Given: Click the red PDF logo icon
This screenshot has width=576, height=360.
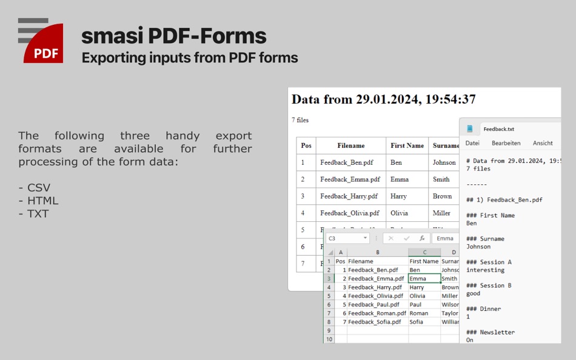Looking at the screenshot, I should click(x=44, y=44).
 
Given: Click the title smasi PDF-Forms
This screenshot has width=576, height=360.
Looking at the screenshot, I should click(x=173, y=36).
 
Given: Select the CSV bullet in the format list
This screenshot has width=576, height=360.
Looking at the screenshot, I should click(x=35, y=188).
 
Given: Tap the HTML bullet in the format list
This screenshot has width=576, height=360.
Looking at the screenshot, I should click(x=38, y=201).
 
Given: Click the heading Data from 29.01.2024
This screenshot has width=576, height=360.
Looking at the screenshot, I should click(x=383, y=99).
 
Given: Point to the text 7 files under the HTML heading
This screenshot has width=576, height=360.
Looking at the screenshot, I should click(x=300, y=120).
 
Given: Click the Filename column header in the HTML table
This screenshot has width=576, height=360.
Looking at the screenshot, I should click(x=351, y=145).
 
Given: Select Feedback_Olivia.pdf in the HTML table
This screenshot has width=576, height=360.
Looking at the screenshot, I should click(x=350, y=213).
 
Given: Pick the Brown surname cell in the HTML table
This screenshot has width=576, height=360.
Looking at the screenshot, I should click(x=442, y=196).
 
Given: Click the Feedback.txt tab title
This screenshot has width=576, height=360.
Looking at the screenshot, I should click(x=498, y=129).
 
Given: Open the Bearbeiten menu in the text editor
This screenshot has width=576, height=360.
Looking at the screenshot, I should click(x=506, y=143).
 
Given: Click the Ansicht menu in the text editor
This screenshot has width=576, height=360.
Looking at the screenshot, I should click(x=543, y=143).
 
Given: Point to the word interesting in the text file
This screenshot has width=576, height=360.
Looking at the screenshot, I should click(x=485, y=270).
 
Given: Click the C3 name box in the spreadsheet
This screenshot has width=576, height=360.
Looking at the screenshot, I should click(x=346, y=239).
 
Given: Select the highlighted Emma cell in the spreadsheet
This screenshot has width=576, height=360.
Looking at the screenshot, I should click(x=424, y=279).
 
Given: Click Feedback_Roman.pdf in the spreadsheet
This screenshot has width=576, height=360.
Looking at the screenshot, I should click(x=377, y=313).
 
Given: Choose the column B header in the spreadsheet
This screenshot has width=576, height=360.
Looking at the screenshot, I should click(x=377, y=252).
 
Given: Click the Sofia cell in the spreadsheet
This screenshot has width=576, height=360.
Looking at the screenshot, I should click(x=417, y=322).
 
